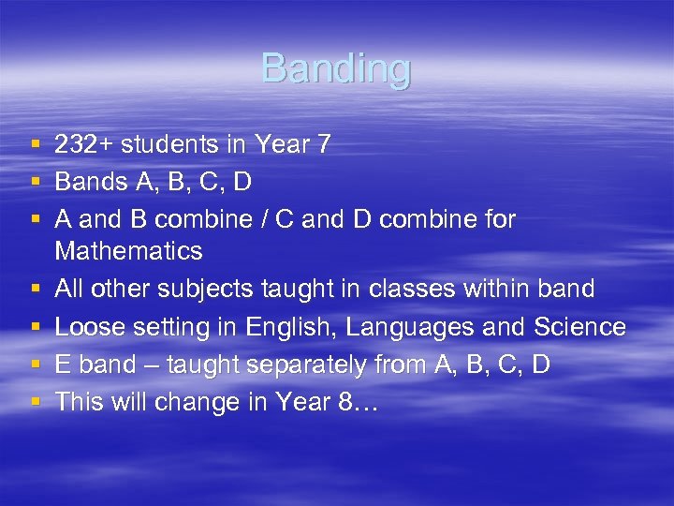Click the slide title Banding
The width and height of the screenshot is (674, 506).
(x=336, y=68)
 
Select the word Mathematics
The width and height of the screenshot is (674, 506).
(x=128, y=251)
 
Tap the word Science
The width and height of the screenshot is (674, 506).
(x=579, y=327)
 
